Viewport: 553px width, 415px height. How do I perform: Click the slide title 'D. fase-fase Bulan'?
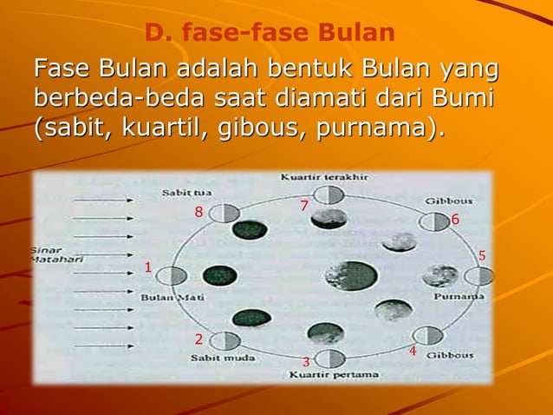coord(270,34)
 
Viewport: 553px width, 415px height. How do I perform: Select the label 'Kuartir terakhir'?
coord(325,177)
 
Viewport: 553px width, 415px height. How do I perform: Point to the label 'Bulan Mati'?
coord(167,297)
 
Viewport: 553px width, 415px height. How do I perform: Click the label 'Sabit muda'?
coord(218,357)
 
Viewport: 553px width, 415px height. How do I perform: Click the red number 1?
coord(148,268)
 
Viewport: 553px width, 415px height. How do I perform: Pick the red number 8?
coord(198,212)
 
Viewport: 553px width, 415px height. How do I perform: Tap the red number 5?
coord(483,255)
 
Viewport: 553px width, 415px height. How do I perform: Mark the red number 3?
coord(306,361)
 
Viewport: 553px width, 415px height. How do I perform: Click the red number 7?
coord(303,206)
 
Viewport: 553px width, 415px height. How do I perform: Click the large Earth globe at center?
coord(351,276)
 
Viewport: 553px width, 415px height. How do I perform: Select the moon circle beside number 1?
coord(173,277)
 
